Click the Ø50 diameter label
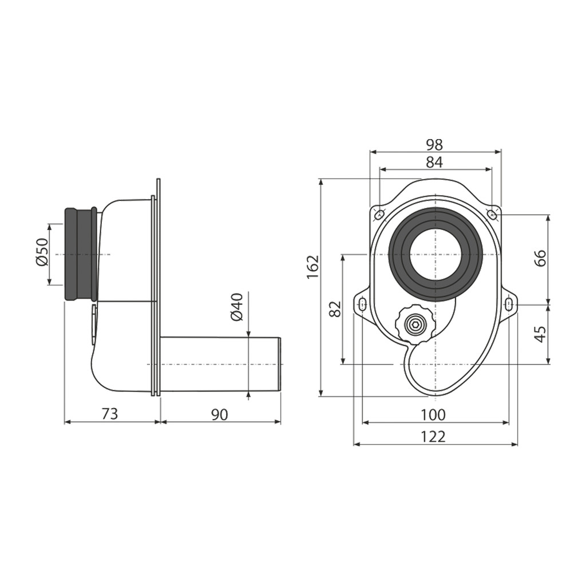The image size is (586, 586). [42, 252]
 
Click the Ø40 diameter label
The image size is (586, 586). [237, 307]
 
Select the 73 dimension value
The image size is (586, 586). [110, 414]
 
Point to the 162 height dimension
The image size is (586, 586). [312, 267]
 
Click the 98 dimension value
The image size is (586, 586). [434, 144]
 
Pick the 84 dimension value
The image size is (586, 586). [434, 162]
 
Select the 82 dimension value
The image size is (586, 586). [335, 308]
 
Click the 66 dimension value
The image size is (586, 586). [540, 258]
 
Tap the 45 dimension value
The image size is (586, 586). [540, 334]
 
